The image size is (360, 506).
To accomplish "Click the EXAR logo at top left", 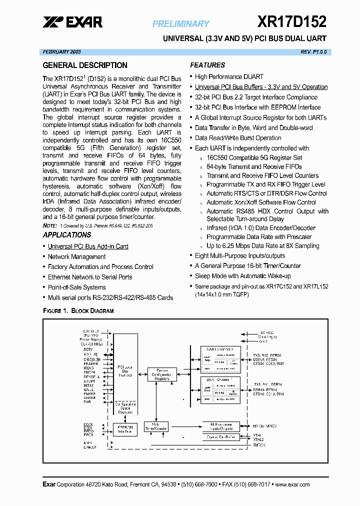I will [x=72, y=22].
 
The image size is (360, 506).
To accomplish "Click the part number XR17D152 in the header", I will [x=292, y=21].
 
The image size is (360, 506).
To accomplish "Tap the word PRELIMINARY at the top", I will [x=180, y=23].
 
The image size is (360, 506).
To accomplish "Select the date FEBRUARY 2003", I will [x=62, y=52].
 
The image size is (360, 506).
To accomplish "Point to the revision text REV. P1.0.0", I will [x=312, y=52].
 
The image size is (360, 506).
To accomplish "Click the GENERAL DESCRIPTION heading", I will [x=85, y=65].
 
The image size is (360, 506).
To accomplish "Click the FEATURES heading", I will [x=207, y=65].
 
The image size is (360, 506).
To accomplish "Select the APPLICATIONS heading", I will [x=67, y=235].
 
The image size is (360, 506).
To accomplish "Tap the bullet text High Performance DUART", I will [x=229, y=76].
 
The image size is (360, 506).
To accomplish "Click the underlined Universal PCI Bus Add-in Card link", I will [x=88, y=246].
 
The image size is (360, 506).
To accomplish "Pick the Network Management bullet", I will [x=76, y=256].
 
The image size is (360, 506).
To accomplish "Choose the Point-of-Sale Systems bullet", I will [x=76, y=287].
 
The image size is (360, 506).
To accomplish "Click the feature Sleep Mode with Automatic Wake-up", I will [x=242, y=276].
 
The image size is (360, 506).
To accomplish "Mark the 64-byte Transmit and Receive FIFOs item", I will [x=254, y=166].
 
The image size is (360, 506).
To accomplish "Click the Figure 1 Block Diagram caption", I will [x=78, y=311].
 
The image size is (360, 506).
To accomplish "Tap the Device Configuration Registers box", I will [x=162, y=375].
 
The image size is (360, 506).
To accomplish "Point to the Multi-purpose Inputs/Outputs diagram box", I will [x=221, y=426].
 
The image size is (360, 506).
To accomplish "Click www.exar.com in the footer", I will [x=292, y=484].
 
